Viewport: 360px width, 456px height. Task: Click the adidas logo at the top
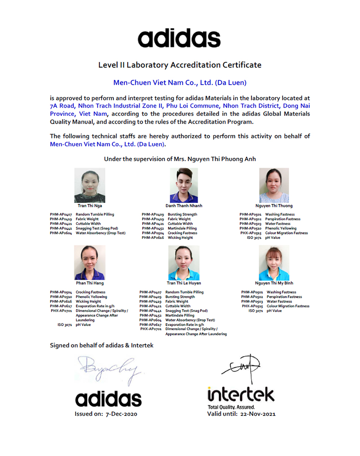179,38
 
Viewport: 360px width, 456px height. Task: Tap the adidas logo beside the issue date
108,399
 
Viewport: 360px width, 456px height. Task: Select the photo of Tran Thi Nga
90,185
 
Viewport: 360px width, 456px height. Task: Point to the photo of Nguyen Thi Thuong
274,185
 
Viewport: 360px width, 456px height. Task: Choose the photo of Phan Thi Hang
90,263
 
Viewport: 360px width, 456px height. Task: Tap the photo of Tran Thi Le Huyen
184,263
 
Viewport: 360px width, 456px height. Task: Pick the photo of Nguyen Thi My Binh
274,263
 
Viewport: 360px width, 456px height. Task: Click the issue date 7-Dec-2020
121,414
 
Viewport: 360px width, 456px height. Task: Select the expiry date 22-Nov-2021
257,414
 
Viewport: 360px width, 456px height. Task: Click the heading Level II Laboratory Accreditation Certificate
180,65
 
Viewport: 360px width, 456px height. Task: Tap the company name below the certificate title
180,83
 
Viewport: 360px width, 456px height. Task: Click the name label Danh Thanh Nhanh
184,206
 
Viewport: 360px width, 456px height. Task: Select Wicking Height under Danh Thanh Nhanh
180,238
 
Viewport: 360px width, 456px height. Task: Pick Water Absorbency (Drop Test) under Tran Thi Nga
100,233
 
